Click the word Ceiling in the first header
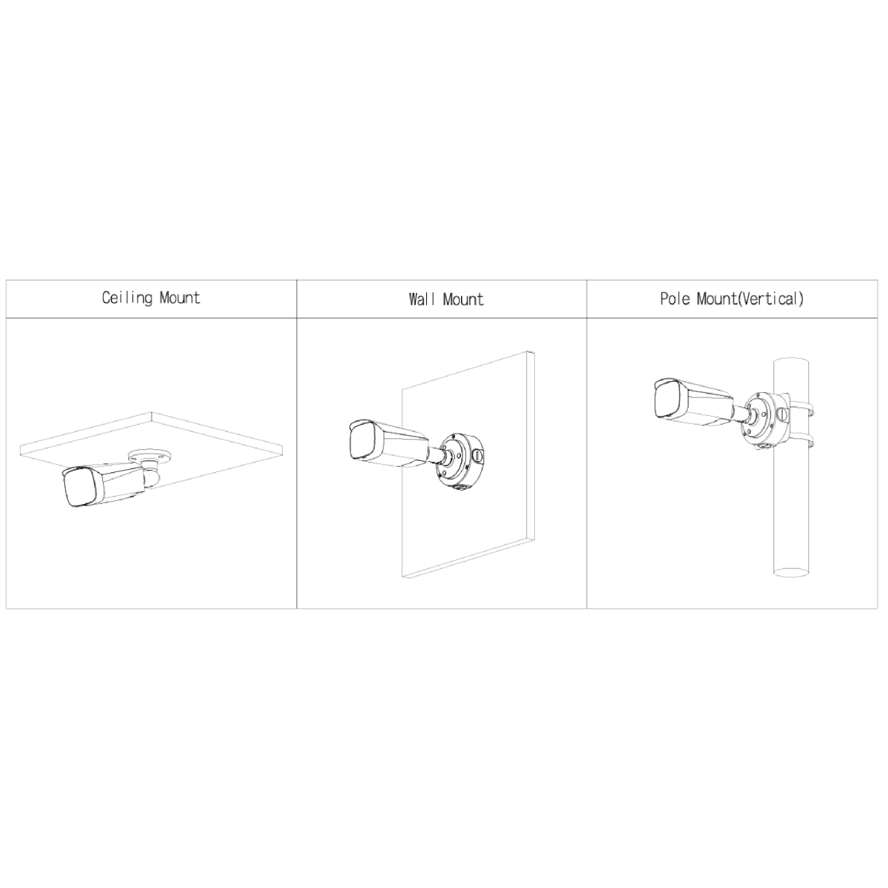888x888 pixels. (x=127, y=298)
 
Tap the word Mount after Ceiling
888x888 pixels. (x=180, y=297)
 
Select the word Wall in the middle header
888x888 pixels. (x=422, y=300)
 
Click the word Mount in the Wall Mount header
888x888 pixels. (x=463, y=300)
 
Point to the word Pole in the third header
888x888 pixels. (x=676, y=299)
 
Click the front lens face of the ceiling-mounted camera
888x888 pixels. (x=78, y=488)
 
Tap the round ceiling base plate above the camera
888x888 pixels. (x=150, y=457)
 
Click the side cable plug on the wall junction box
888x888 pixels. (x=478, y=457)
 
